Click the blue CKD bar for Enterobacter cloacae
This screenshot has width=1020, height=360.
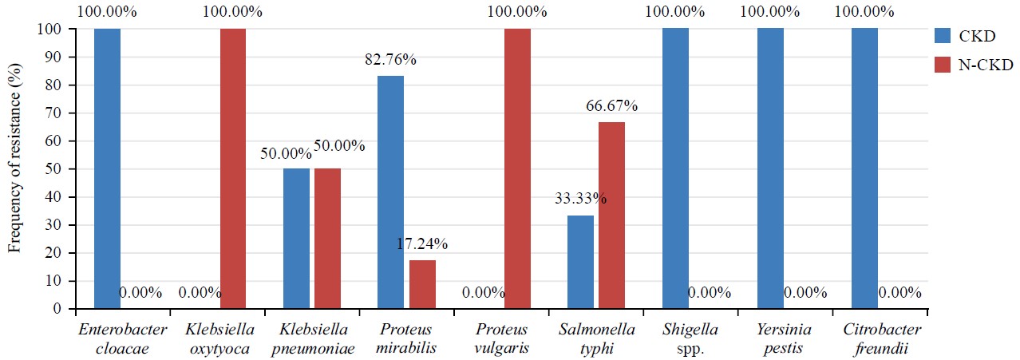pyautogui.click(x=107, y=168)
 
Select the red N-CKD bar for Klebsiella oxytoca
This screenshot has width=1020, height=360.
pyautogui.click(x=232, y=168)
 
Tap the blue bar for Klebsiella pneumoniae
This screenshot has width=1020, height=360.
pyautogui.click(x=296, y=239)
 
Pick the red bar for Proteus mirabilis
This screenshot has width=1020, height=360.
pyautogui.click(x=422, y=284)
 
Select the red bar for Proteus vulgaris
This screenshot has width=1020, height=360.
pyautogui.click(x=517, y=168)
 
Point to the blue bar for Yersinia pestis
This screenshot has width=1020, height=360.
pyautogui.click(x=770, y=168)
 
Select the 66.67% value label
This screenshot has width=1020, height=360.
pyautogui.click(x=611, y=106)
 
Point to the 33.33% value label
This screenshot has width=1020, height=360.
pyautogui.click(x=580, y=199)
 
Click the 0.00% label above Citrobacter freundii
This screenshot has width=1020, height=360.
pyautogui.click(x=899, y=293)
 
